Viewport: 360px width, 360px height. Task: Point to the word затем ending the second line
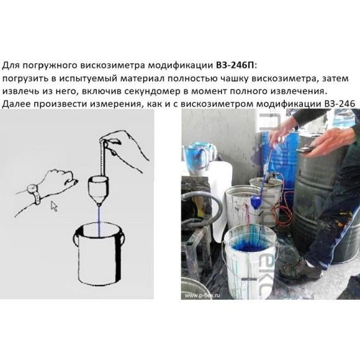[336, 78]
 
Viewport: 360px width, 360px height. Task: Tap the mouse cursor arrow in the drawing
[55, 206]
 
